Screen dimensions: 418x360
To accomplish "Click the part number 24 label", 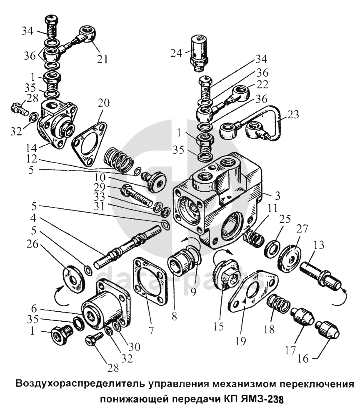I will pyautogui.click(x=177, y=53).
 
